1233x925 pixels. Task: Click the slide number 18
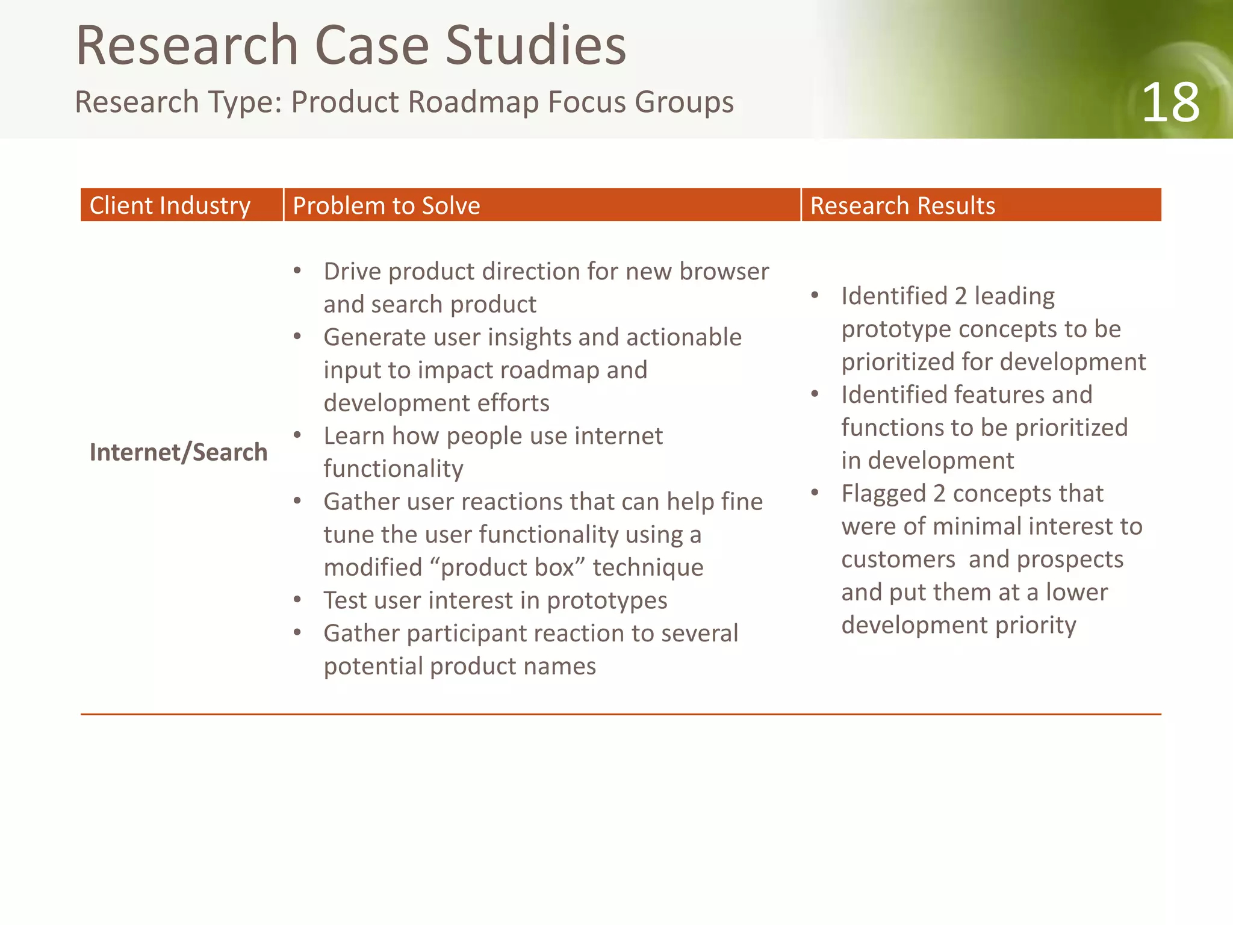click(x=1170, y=103)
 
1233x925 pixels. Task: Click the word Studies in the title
click(x=535, y=46)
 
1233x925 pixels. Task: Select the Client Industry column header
click(x=170, y=206)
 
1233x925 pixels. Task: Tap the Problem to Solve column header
click(x=386, y=206)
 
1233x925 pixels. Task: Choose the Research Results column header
click(x=902, y=206)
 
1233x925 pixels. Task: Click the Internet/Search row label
click(x=178, y=452)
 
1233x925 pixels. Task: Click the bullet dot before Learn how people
click(x=297, y=435)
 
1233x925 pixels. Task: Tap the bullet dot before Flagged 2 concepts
click(x=815, y=493)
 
